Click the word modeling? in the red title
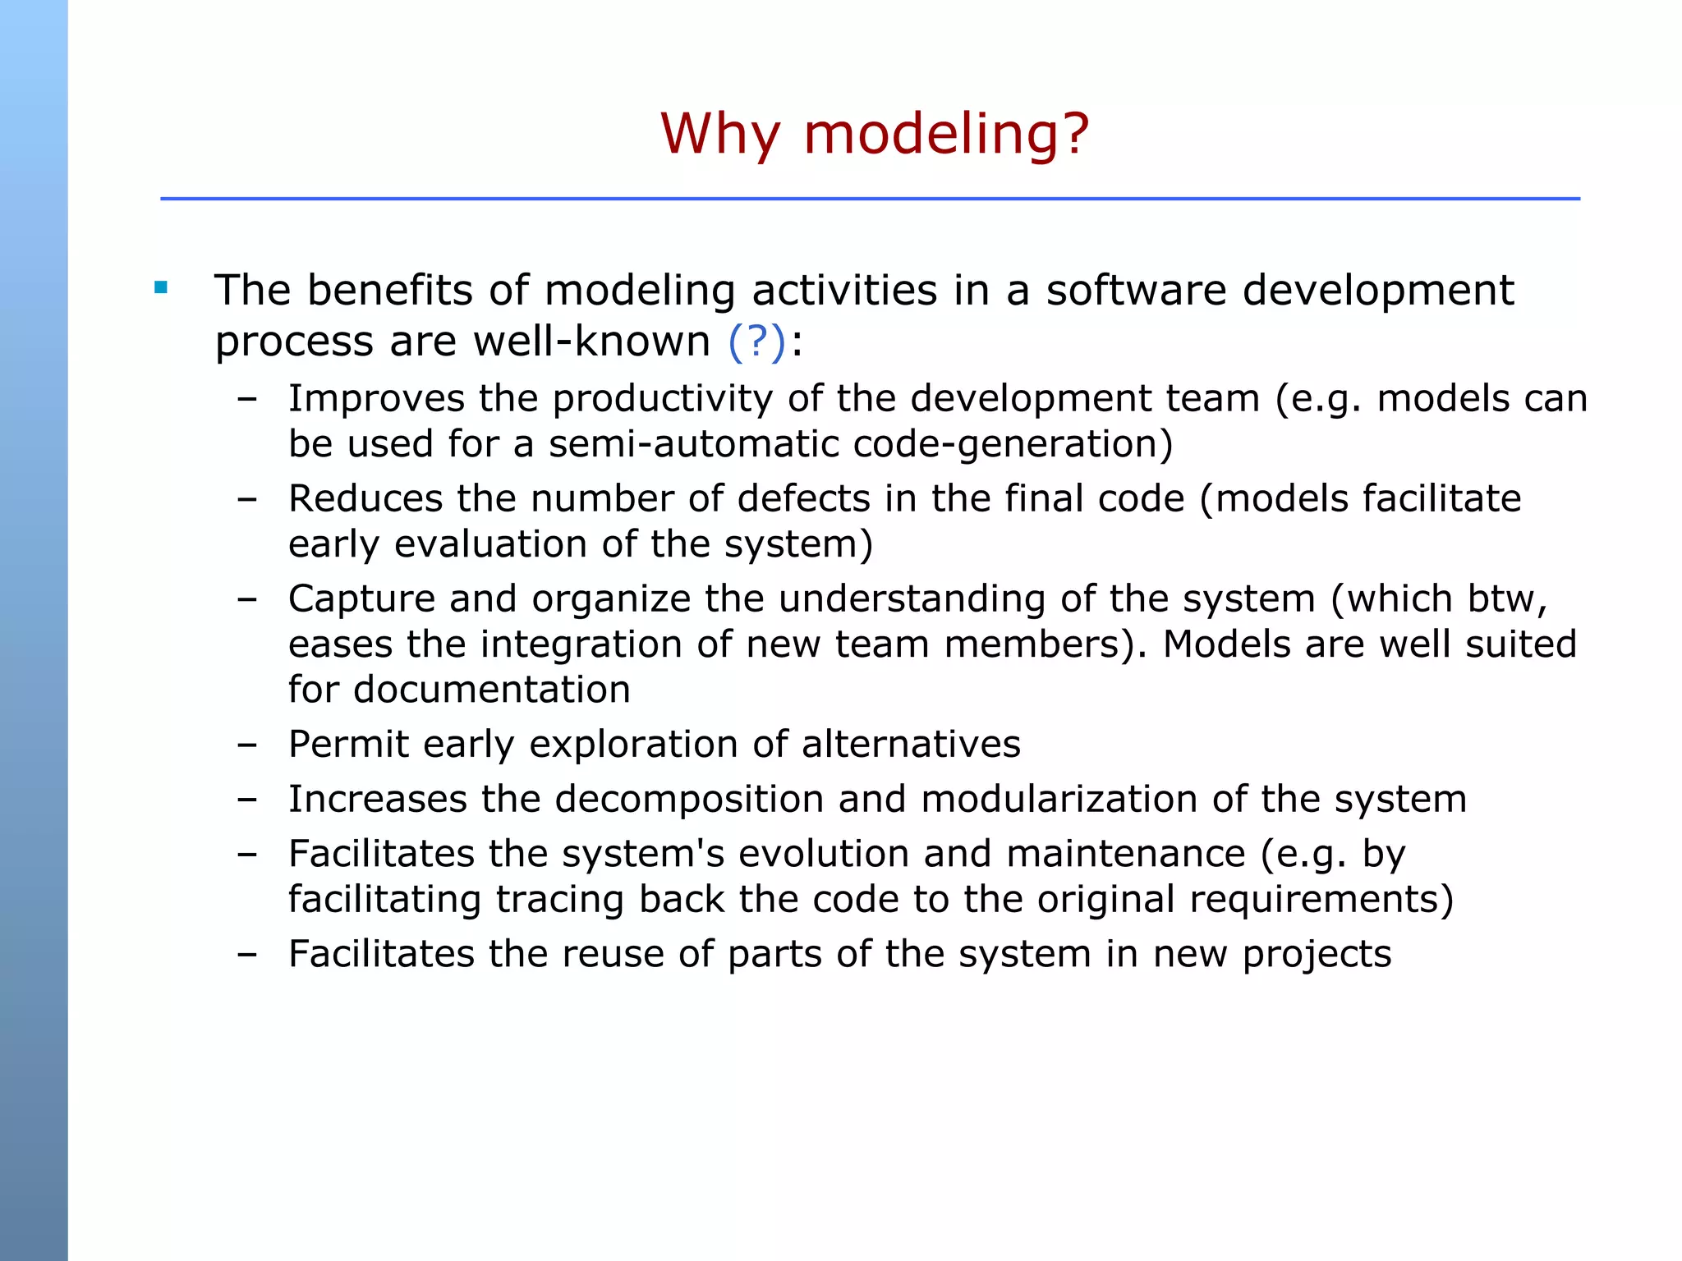pyautogui.click(x=946, y=134)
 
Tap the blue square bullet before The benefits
pyautogui.click(x=161, y=288)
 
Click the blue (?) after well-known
pyautogui.click(x=756, y=342)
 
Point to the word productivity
pyautogui.click(x=662, y=399)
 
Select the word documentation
pyautogui.click(x=491, y=690)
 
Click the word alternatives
pyautogui.click(x=911, y=745)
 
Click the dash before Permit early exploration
pyautogui.click(x=246, y=745)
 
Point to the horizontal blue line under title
pyautogui.click(x=870, y=199)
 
